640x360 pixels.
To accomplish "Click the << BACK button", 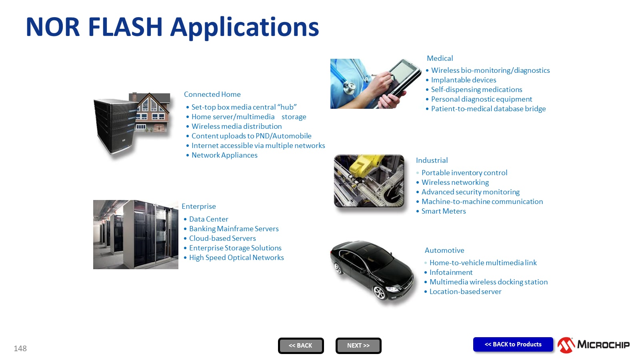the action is [x=300, y=346].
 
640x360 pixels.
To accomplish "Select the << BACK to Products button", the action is [x=513, y=344].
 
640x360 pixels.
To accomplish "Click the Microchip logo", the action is [x=594, y=345].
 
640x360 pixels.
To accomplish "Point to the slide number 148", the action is [x=20, y=348].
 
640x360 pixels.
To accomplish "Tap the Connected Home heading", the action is [x=212, y=94].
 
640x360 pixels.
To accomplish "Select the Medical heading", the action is [x=440, y=58].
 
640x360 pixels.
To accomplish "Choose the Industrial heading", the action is [x=432, y=160].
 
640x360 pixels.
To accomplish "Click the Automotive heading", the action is [x=444, y=250].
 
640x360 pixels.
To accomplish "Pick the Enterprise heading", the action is [x=198, y=206].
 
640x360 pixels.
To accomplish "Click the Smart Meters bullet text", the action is [x=444, y=211].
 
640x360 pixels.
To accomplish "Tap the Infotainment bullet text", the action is [x=451, y=272].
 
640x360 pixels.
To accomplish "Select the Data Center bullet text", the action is [x=208, y=219].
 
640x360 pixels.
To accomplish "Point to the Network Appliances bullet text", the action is [x=224, y=155].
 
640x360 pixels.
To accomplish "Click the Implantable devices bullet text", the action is [x=464, y=80].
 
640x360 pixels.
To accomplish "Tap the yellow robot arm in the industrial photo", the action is [x=364, y=166].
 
